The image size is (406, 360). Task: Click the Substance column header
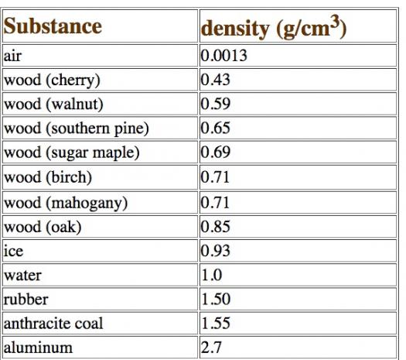click(53, 26)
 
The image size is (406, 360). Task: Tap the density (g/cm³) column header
click(274, 27)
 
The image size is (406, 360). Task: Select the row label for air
click(12, 56)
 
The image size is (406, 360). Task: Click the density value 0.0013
click(224, 56)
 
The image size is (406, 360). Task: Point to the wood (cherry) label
click(52, 80)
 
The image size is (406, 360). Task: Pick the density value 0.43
click(216, 80)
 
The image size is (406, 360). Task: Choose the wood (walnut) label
click(53, 105)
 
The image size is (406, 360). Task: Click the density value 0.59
click(216, 104)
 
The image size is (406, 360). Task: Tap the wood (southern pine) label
click(77, 129)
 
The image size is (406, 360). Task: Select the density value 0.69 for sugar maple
click(216, 152)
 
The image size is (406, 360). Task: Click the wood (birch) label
click(48, 177)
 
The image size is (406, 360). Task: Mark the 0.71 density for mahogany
click(215, 203)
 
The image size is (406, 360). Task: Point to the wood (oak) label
click(43, 227)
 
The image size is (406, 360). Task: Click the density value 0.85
click(216, 227)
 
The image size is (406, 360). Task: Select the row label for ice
click(13, 251)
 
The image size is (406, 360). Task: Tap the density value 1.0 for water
click(212, 275)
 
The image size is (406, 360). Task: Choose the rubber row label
click(26, 300)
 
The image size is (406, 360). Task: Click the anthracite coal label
click(53, 324)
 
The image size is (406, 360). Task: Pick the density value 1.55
click(216, 323)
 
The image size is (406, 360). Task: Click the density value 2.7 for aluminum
click(211, 348)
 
